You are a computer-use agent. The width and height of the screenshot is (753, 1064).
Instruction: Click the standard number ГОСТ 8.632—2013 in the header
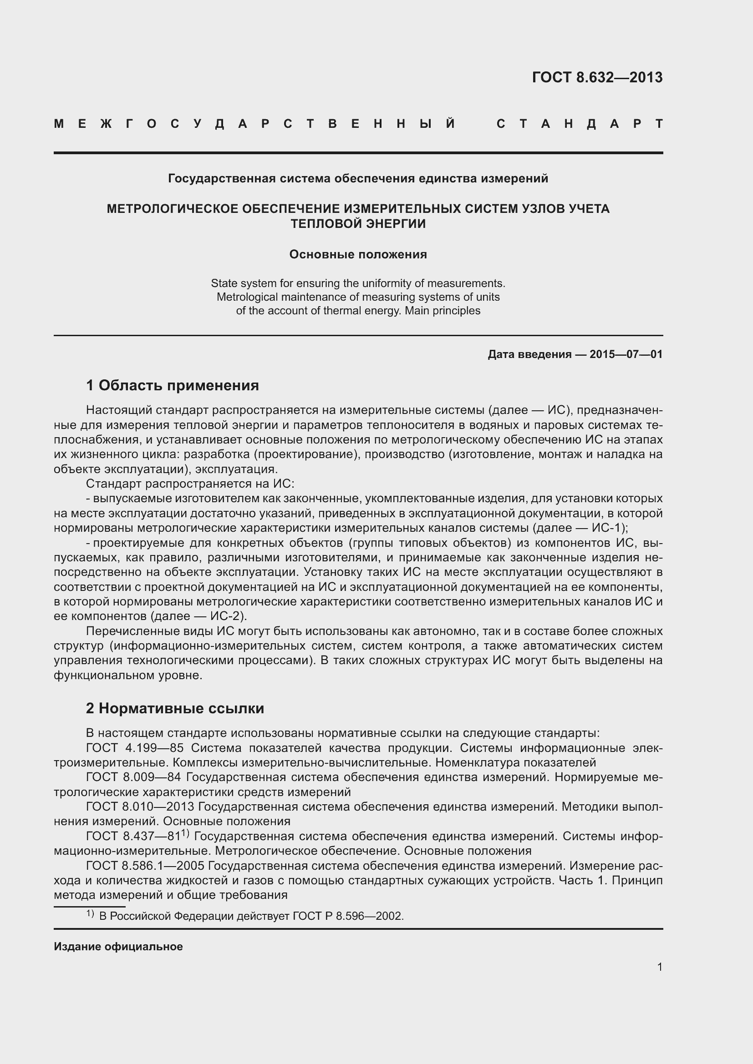(x=597, y=77)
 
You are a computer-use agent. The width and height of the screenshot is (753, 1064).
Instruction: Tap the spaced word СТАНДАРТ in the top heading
(x=580, y=124)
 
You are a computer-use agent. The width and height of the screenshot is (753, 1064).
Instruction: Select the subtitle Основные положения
(x=358, y=254)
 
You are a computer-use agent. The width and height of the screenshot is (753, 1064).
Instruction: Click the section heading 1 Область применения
(x=173, y=385)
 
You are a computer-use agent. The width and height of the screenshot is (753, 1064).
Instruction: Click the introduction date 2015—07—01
(x=626, y=354)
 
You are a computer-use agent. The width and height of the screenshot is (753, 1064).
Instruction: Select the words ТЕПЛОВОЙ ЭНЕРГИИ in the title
(x=358, y=224)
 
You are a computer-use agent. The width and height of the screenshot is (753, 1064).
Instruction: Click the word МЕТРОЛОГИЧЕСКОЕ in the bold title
(x=168, y=209)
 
